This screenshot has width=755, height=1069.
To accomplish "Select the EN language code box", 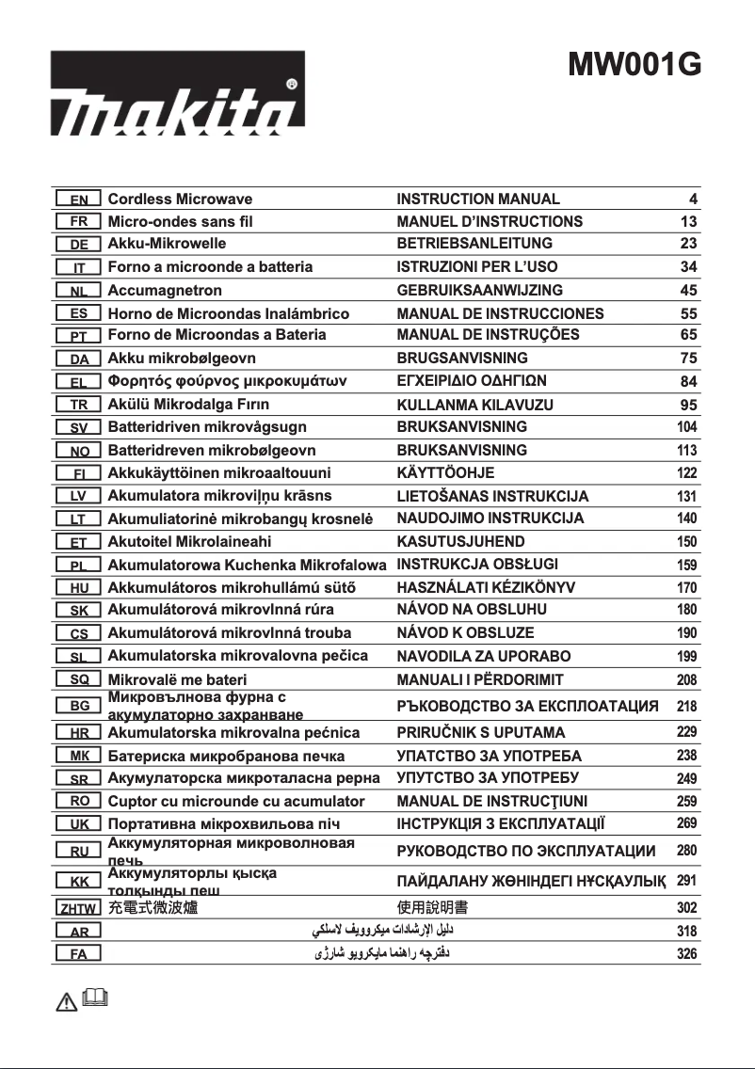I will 78,199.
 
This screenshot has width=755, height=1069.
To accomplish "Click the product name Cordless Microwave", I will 180,199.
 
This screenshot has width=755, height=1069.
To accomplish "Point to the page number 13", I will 688,222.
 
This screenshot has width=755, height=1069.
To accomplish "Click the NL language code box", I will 78,291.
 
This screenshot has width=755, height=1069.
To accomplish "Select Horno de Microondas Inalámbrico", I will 229,313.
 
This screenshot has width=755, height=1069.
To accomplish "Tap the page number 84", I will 688,382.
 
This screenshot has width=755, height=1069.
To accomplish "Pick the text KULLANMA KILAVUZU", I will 475,405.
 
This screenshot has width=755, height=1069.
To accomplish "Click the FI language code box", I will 78,473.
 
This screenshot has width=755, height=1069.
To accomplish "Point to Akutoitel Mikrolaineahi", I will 189,542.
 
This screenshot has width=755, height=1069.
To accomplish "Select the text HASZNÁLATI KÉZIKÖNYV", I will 486,587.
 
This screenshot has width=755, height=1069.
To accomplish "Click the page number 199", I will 687,656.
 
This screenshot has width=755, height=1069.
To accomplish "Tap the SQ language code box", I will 78,679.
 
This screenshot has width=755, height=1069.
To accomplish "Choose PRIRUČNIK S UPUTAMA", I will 481,732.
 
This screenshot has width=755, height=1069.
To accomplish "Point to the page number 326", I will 687,954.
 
